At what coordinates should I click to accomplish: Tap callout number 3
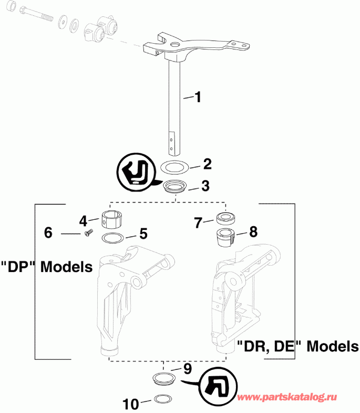pos(205,186)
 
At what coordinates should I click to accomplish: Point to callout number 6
pos(48,232)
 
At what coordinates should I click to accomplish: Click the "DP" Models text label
pos(46,267)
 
